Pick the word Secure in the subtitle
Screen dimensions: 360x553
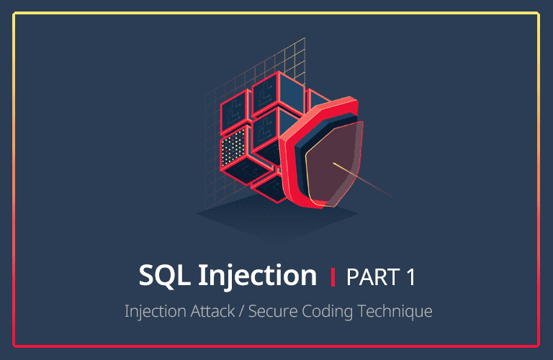(x=276, y=312)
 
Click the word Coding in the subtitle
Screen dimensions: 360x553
(x=333, y=312)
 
